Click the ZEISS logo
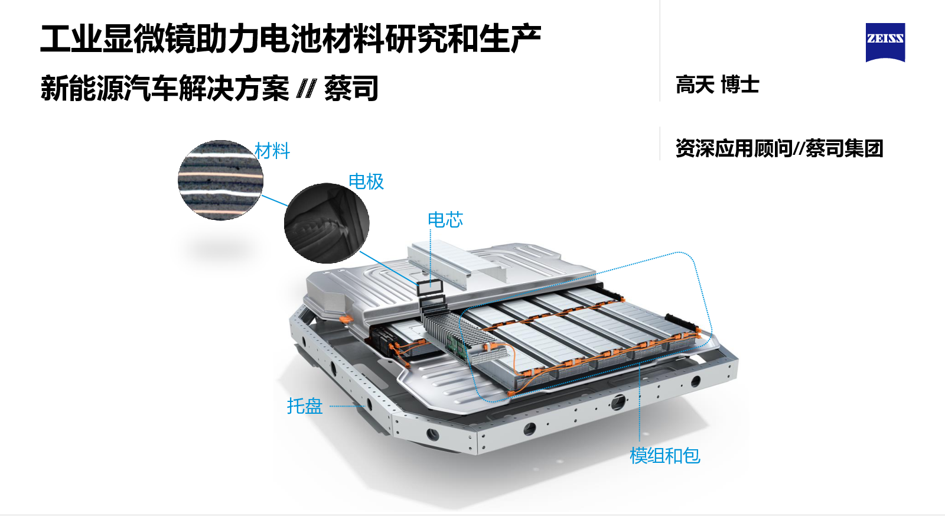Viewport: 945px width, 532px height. point(885,42)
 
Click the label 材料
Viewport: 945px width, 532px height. point(272,151)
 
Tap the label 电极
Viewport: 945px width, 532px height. point(366,181)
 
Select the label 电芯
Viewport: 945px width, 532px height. point(445,219)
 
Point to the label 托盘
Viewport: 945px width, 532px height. point(305,406)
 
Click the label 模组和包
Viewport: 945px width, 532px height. point(665,456)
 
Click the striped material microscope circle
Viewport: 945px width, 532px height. point(221,180)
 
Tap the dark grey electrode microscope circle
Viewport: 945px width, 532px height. point(327,223)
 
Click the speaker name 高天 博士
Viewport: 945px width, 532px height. point(717,85)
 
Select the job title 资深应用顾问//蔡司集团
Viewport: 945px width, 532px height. point(779,148)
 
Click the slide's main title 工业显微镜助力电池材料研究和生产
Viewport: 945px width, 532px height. point(291,39)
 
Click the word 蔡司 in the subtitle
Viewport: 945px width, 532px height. point(351,88)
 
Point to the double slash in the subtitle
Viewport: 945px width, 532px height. point(307,88)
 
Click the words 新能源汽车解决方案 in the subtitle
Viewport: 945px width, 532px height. point(165,88)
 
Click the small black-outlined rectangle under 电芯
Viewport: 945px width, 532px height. point(431,287)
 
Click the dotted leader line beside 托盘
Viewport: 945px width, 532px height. point(347,406)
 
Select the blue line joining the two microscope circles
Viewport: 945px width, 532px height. point(275,200)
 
